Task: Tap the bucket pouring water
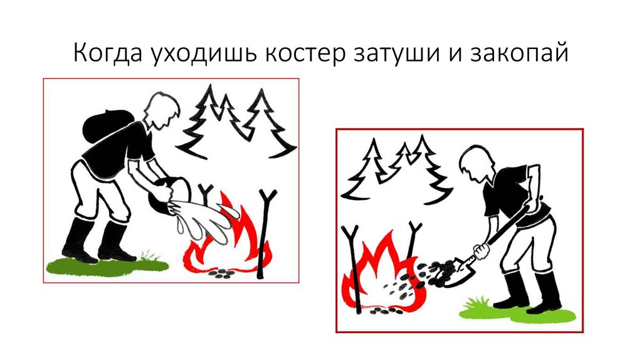[x=169, y=195]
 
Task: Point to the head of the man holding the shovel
[x=476, y=162]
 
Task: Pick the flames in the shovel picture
[x=383, y=275]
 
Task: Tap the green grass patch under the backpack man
[x=107, y=265]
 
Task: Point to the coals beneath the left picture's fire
[x=223, y=273]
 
